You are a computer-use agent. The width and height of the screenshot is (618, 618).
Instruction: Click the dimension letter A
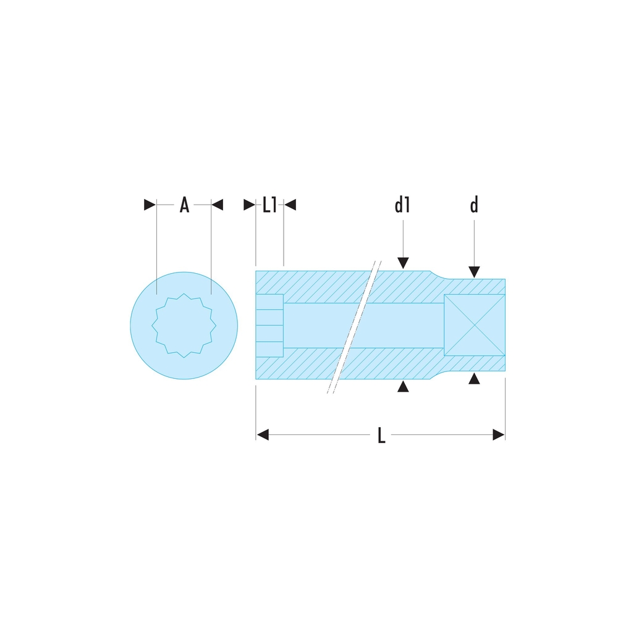[184, 205]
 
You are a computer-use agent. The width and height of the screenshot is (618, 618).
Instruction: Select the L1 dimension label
[269, 205]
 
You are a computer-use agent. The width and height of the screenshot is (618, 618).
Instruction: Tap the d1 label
[402, 205]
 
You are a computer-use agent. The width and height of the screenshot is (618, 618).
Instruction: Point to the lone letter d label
[474, 205]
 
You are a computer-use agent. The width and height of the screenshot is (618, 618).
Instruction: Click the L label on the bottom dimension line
[381, 435]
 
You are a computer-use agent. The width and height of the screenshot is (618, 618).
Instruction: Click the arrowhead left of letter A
[150, 205]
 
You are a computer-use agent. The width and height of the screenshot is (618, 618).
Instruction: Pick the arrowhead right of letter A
[217, 205]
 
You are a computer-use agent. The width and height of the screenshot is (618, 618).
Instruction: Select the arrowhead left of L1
[250, 205]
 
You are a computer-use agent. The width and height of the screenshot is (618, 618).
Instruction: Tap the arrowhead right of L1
[290, 205]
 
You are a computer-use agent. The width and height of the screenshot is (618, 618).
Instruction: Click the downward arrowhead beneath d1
[403, 263]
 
